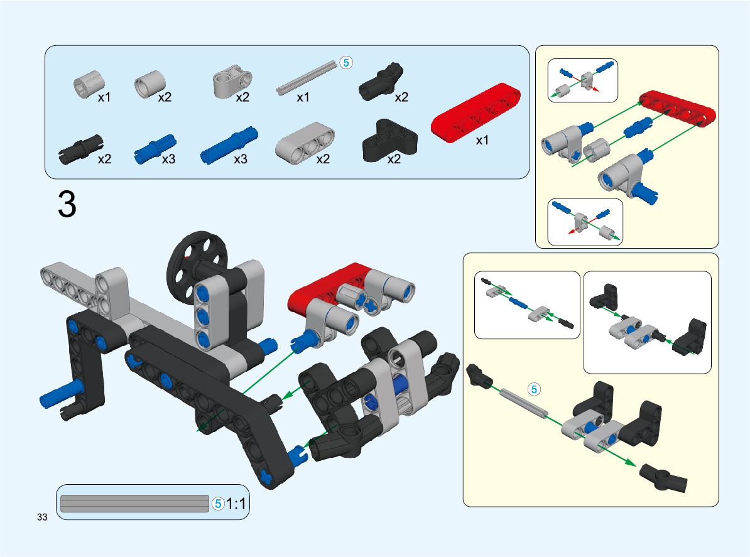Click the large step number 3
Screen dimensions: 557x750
point(67,204)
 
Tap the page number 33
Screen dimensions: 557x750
point(43,517)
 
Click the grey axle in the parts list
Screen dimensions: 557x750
point(307,77)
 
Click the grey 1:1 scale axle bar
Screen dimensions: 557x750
point(134,504)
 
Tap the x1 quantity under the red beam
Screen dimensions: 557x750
point(482,141)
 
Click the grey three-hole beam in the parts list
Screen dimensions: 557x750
point(305,144)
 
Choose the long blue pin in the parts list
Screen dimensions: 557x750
point(227,145)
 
